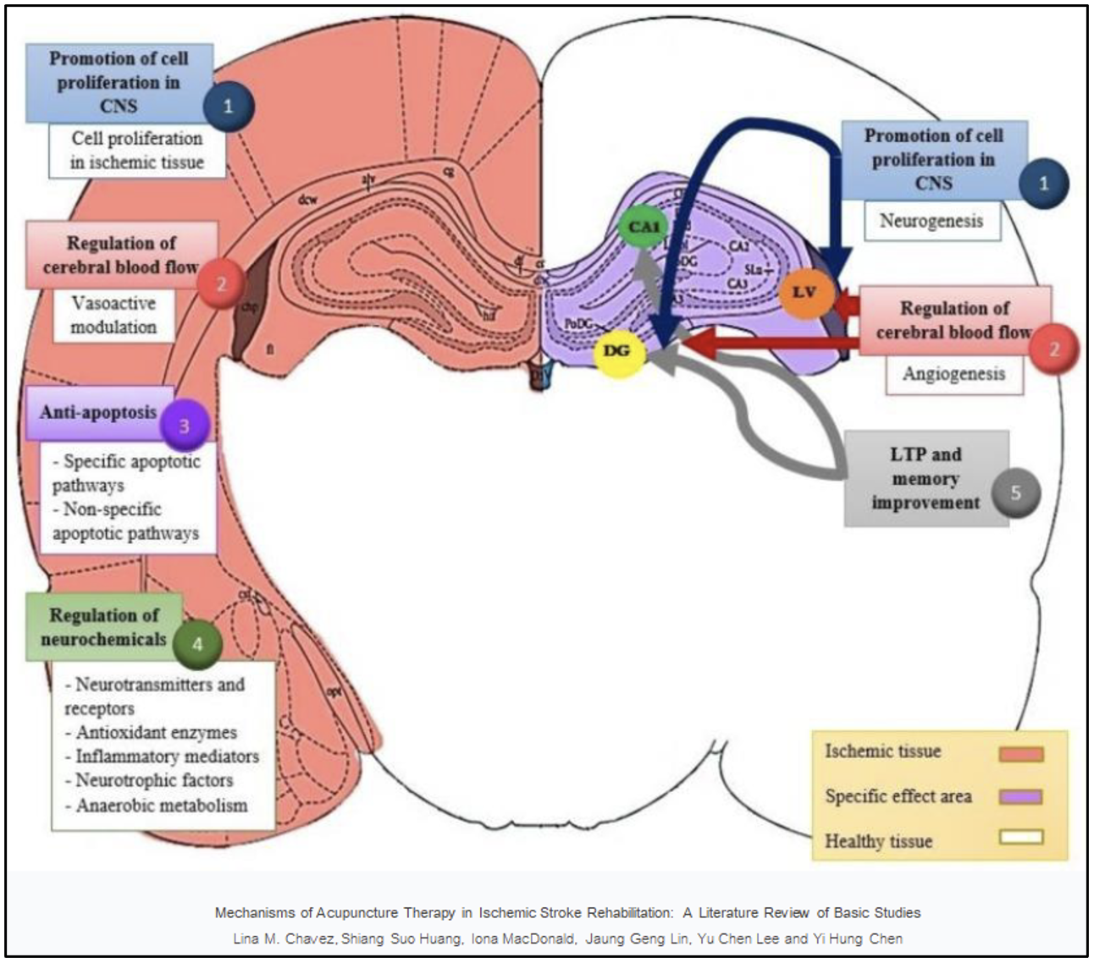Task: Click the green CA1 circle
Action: tap(643, 227)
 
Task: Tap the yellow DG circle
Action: tap(618, 350)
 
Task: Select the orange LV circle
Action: tap(804, 292)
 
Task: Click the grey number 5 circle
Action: tap(1015, 493)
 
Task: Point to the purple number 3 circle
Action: tap(184, 426)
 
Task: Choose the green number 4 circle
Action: tap(197, 644)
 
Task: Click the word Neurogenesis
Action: tap(931, 222)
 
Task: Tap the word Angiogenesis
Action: tap(953, 374)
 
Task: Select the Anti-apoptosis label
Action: tap(98, 413)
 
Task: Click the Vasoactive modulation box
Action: tap(113, 315)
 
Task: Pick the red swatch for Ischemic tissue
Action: tap(1020, 753)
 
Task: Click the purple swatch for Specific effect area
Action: tap(1020, 797)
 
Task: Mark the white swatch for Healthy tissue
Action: tap(1020, 838)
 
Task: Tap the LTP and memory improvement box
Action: tap(925, 479)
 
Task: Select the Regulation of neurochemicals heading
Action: tap(103, 627)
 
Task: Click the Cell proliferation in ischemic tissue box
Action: tap(137, 151)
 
